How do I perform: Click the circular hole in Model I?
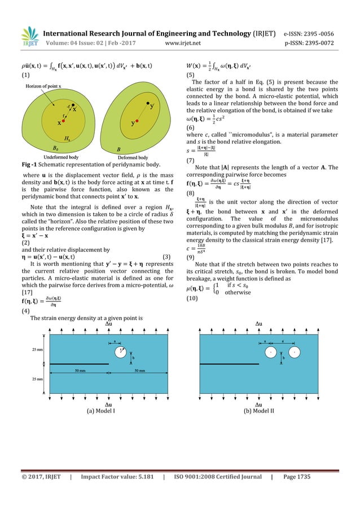[x=120, y=352]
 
